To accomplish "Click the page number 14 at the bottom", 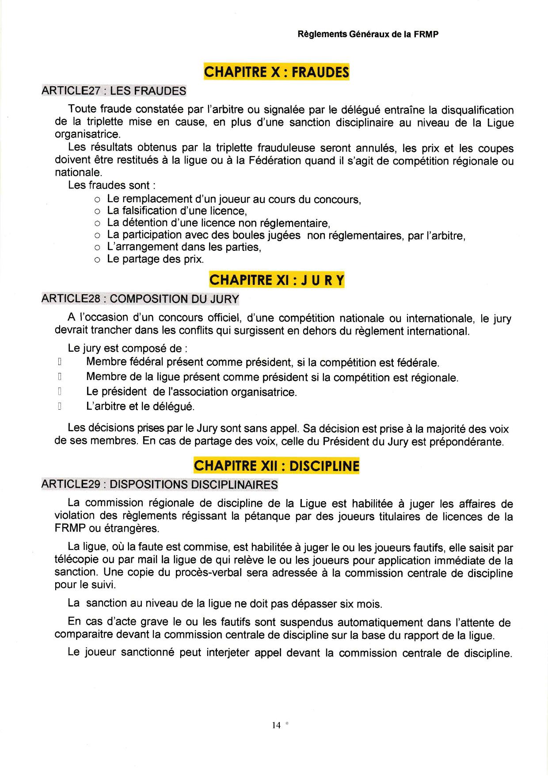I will click(x=276, y=725).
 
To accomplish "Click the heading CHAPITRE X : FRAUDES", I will click(x=276, y=72).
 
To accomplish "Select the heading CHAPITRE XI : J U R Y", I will click(x=276, y=280).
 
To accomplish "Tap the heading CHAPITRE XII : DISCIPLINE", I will click(x=276, y=466).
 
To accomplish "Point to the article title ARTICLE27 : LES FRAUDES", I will click(x=114, y=91).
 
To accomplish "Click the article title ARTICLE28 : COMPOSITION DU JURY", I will click(x=140, y=299).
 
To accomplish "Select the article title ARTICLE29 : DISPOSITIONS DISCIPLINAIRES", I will click(x=160, y=484).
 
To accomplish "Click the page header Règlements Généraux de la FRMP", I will click(x=368, y=35).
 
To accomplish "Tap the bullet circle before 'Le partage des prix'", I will click(x=98, y=260).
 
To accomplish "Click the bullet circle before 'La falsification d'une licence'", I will click(x=98, y=211).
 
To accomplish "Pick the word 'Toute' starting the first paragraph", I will click(x=81, y=109).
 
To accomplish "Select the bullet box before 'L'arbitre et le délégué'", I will click(x=59, y=406).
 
